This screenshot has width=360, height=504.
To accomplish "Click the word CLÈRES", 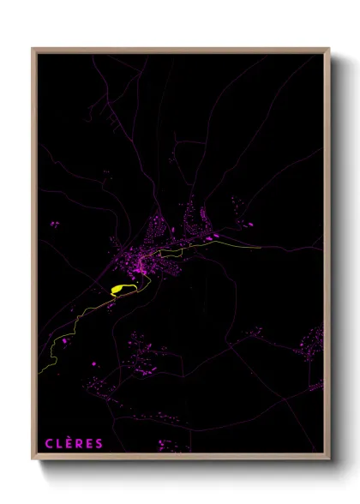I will click(74, 443).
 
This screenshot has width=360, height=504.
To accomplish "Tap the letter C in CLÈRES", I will click(49, 443).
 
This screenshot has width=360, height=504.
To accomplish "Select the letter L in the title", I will click(59, 443).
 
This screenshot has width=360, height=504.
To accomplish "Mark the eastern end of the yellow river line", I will click(259, 249).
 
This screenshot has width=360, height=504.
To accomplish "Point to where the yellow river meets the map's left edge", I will click(39, 372).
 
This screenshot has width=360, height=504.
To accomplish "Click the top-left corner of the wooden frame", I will click(33, 49).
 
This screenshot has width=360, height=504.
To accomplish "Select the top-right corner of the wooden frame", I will click(329, 49).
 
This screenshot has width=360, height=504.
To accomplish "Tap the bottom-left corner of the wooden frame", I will click(33, 459).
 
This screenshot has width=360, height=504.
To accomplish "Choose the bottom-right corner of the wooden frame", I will click(329, 459).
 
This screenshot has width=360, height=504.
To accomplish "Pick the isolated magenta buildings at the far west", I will click(55, 225).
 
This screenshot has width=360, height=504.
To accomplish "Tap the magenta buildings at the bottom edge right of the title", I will click(172, 445).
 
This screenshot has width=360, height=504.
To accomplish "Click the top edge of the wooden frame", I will click(180, 50).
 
